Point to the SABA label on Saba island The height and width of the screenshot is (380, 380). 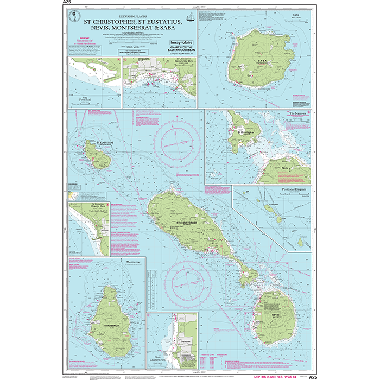pyautogui.click(x=248, y=61)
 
